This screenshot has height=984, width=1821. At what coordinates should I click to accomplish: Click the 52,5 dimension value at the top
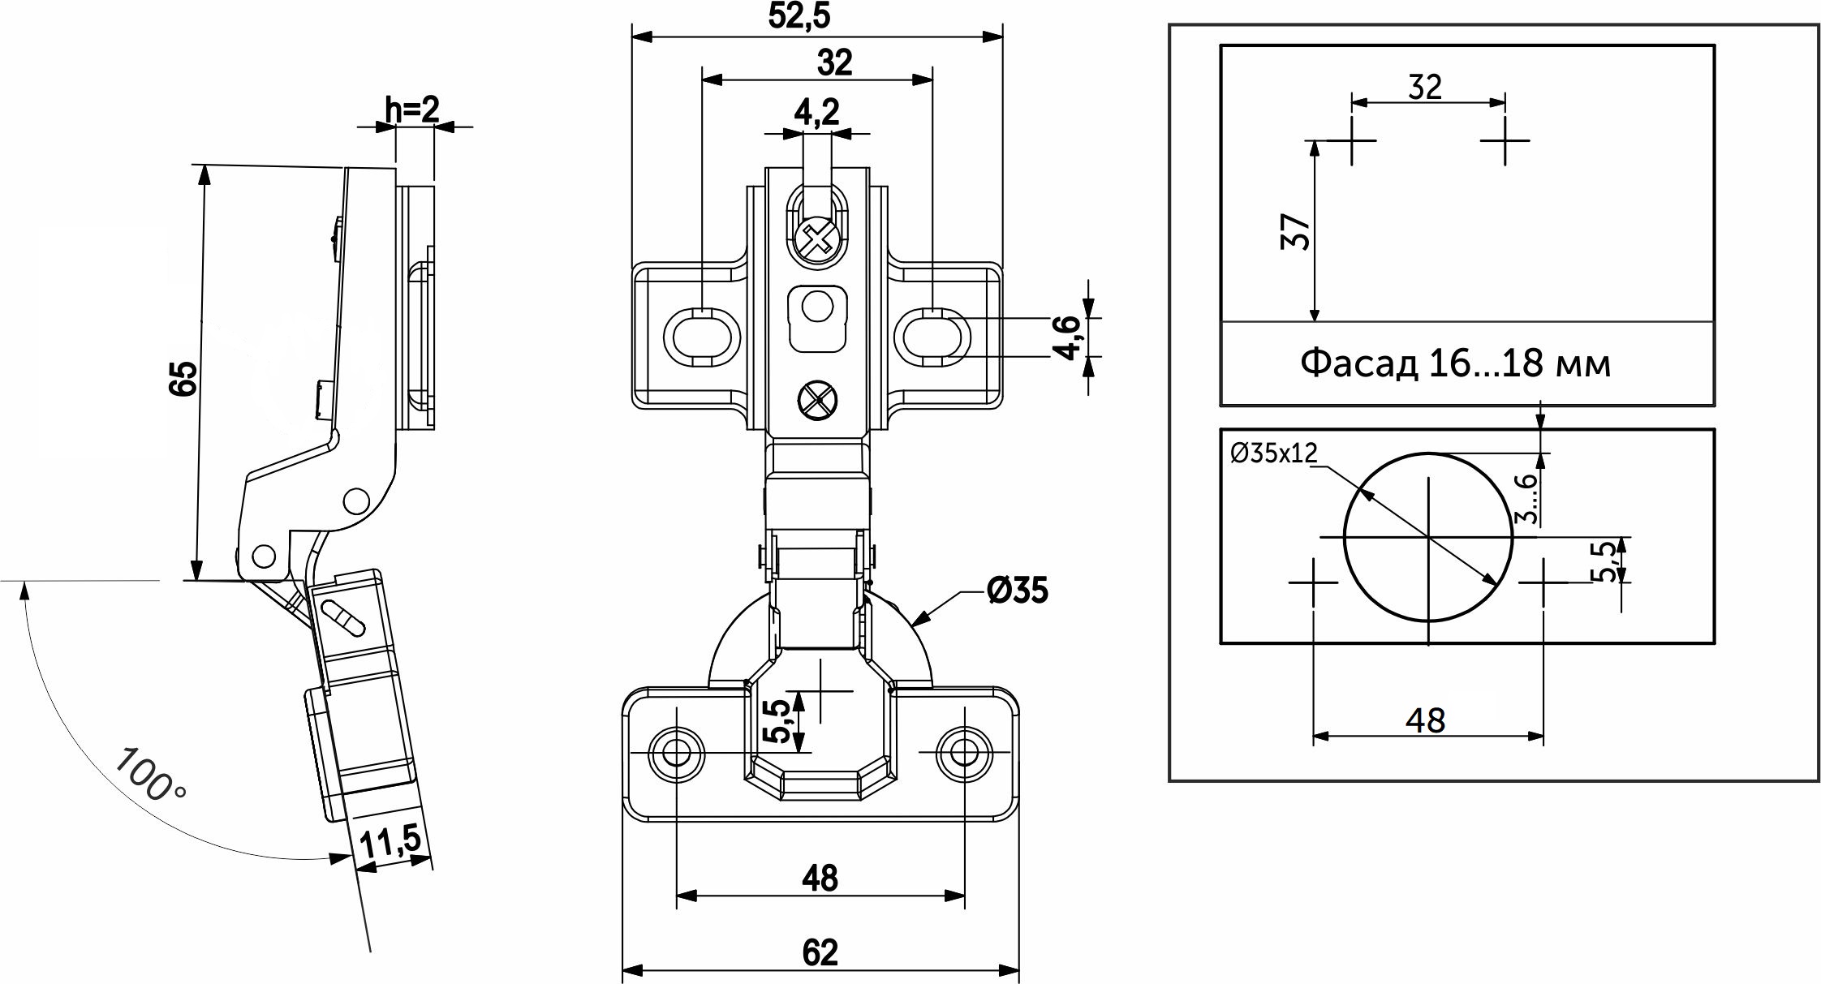coord(799,17)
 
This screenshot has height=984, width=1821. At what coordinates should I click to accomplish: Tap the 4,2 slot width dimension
coord(816,113)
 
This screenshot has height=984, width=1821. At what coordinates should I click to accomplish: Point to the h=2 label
coord(411,110)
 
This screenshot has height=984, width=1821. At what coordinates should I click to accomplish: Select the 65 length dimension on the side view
coord(183,377)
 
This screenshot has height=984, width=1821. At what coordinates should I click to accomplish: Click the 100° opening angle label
coord(150,775)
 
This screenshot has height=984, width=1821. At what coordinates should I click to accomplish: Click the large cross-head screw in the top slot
coord(816,240)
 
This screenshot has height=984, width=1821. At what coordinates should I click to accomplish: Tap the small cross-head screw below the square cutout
coord(816,401)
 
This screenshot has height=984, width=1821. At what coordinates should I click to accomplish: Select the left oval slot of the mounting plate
coord(701,334)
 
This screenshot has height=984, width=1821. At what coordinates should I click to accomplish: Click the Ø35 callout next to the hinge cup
coord(1018,591)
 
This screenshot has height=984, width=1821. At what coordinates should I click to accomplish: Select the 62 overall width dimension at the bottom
coord(820,952)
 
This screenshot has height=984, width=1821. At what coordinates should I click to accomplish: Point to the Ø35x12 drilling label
coord(1273,453)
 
